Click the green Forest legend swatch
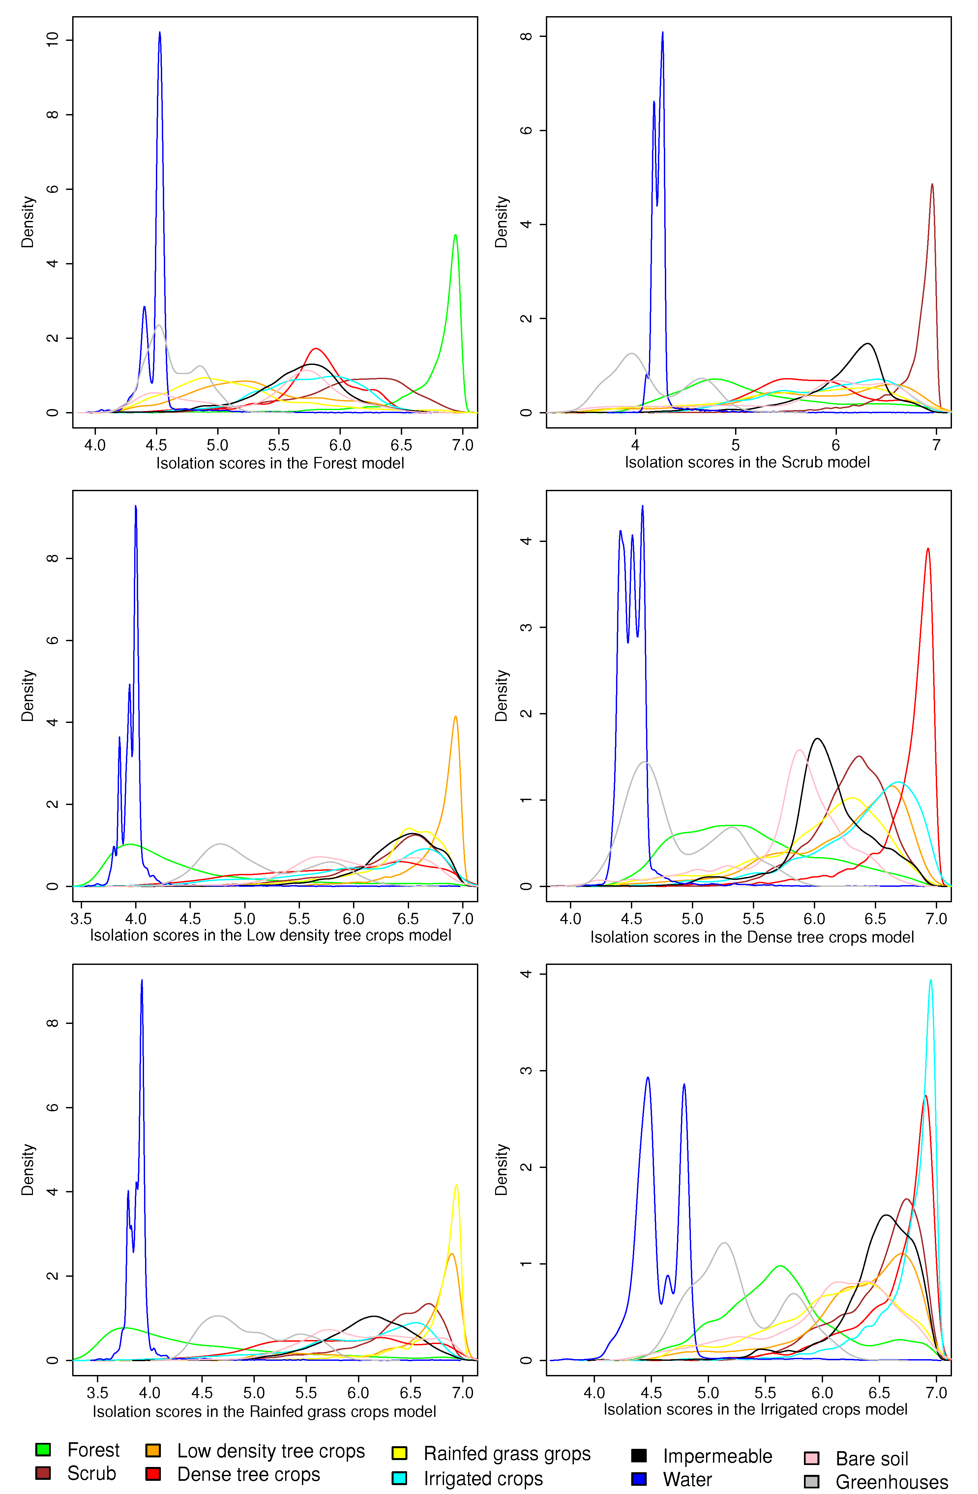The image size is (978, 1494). click(x=43, y=1449)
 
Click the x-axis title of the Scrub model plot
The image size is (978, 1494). click(x=747, y=463)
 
